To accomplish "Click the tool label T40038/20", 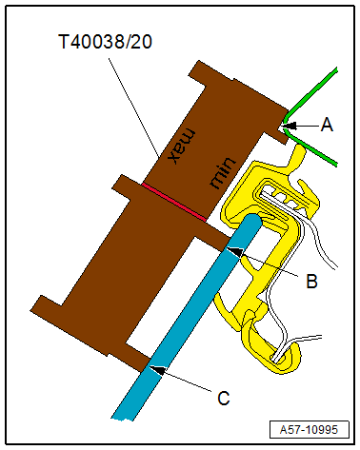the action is point(106,42).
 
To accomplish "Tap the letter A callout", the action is point(327,125).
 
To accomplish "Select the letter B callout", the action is point(311,281).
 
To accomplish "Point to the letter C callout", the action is point(224,399).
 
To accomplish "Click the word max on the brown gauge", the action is point(182,146).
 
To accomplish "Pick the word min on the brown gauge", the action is point(223,172).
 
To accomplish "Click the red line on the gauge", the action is point(174,202).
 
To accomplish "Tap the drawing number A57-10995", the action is point(309,430).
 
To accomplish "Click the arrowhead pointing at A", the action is point(290,126).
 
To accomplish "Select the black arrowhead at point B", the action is point(235,251).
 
